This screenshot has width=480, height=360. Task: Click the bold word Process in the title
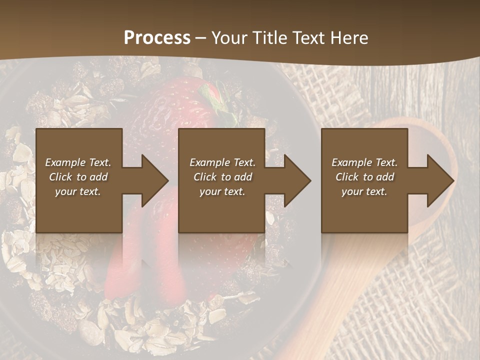157,37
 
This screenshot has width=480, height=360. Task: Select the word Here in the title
348,37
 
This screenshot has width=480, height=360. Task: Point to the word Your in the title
230,37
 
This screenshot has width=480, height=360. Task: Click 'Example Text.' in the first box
78,162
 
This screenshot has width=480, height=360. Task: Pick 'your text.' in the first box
78,191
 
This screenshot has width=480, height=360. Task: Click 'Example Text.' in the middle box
222,162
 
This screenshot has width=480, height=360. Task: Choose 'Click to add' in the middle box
222,177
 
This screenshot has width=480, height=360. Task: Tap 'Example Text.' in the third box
364,162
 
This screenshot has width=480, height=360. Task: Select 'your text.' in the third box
364,191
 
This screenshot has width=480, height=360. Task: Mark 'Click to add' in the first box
78,177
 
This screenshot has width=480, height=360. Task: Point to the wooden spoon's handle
345,280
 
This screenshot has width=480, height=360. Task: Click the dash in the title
201,38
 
